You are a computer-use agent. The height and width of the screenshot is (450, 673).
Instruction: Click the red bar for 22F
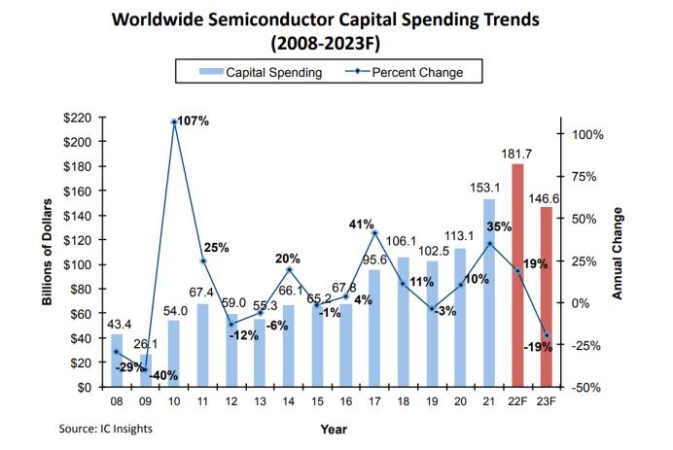point(517,275)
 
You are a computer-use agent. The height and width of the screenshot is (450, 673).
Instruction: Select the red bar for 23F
point(546,296)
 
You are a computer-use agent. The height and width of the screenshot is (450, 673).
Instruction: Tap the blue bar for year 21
point(489,293)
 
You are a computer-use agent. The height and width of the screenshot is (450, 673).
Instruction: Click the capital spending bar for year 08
point(117,361)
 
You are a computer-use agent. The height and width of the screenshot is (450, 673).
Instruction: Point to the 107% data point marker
point(174,122)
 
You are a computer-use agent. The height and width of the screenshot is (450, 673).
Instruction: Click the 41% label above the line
point(361,225)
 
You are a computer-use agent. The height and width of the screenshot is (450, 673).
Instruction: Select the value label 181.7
point(516,154)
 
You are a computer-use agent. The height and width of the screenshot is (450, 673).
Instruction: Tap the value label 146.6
point(544,198)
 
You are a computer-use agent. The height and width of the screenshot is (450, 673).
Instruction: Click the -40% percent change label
point(163,376)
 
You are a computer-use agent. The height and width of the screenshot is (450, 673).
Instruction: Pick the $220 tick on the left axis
point(77,118)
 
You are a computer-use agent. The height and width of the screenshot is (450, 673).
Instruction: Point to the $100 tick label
point(77,264)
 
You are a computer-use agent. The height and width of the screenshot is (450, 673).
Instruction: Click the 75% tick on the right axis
point(584,177)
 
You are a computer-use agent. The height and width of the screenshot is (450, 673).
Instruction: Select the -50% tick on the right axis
point(586,388)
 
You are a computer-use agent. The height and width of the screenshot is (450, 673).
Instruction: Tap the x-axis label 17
point(374,401)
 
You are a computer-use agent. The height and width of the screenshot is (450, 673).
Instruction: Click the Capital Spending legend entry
point(261,72)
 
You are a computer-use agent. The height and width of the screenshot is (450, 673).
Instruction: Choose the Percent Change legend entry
point(405,72)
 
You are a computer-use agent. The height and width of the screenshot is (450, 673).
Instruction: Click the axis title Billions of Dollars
point(47,253)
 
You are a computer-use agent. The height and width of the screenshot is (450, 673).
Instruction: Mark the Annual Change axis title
point(618,253)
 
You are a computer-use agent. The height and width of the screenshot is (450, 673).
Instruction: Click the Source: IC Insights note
point(106,429)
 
